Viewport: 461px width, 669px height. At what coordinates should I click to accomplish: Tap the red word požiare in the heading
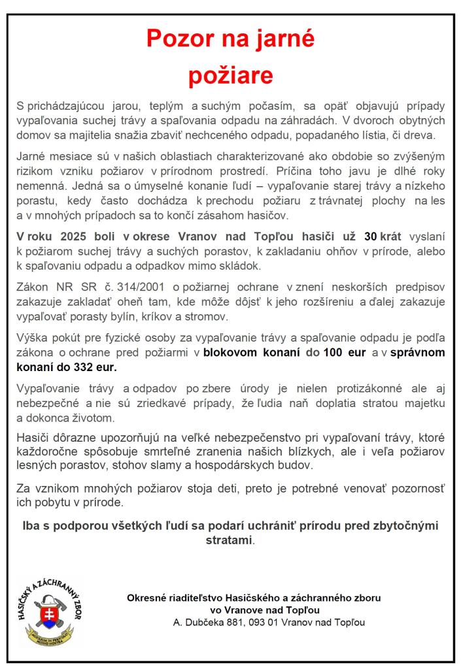(x=231, y=76)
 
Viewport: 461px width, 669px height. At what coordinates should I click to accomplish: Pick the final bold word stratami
(x=229, y=541)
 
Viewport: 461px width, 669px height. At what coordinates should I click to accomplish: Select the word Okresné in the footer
(x=148, y=597)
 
